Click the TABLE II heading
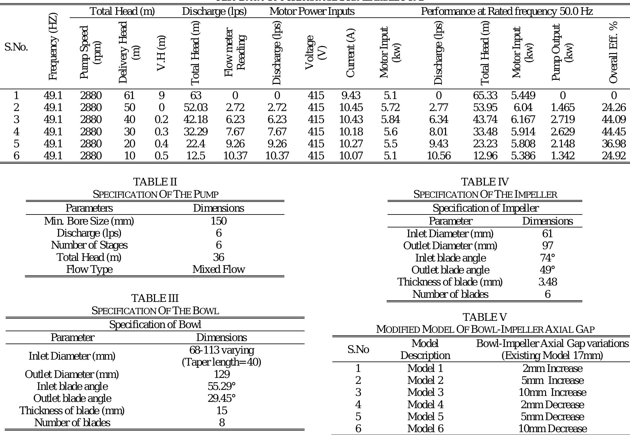click(155, 182)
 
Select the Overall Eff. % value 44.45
click(613, 132)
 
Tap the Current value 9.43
click(351, 95)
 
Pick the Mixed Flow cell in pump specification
click(218, 269)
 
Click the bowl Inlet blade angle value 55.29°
click(222, 386)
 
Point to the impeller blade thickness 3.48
click(547, 282)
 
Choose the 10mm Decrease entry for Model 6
click(552, 429)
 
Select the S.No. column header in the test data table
click(16, 47)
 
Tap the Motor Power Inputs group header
click(312, 11)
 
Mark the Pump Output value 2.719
click(562, 120)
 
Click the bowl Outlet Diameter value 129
click(222, 374)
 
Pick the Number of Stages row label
click(89, 245)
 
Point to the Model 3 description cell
click(425, 392)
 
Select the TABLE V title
click(485, 317)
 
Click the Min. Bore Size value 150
click(218, 221)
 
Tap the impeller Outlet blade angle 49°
click(547, 270)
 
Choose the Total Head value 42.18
click(196, 120)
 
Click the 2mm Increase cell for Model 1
click(552, 368)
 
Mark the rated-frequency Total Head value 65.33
click(485, 95)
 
